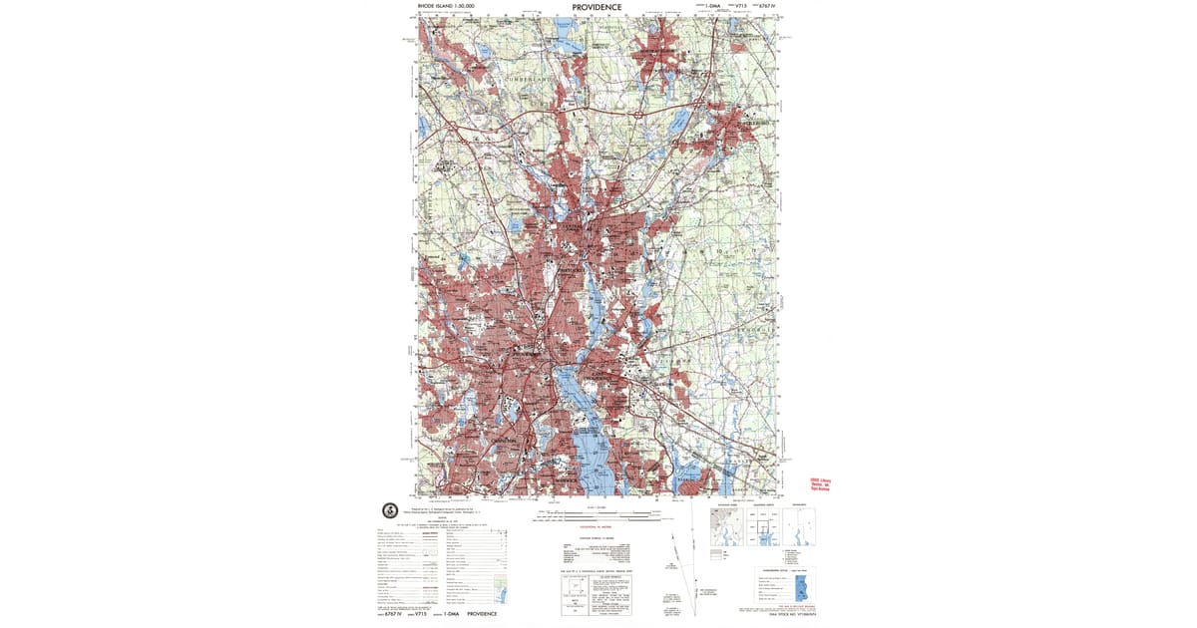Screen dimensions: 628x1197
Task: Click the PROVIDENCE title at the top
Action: click(x=597, y=7)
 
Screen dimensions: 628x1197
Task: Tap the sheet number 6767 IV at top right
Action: click(x=766, y=6)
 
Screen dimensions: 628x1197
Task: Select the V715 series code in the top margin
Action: click(x=740, y=6)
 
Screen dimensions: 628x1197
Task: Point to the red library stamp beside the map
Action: click(x=820, y=484)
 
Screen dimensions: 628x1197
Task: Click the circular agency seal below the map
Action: click(x=390, y=510)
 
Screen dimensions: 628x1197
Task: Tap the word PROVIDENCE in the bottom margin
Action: click(x=482, y=614)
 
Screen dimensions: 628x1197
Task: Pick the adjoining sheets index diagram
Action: click(x=763, y=528)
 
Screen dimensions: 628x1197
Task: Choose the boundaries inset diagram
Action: click(x=799, y=528)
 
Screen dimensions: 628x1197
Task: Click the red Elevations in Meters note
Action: click(x=596, y=529)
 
